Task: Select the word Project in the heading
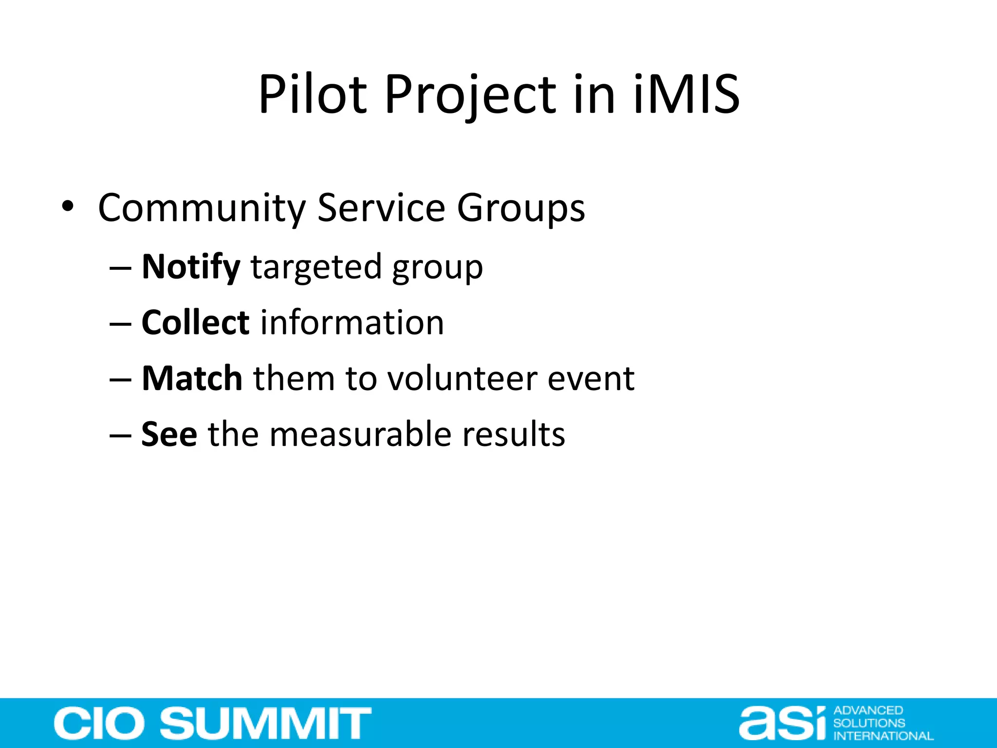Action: (470, 96)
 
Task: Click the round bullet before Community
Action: (68, 206)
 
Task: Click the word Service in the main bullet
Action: (381, 207)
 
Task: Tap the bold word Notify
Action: (191, 267)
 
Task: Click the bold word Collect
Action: (195, 322)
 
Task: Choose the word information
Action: (352, 322)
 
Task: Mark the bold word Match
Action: (192, 378)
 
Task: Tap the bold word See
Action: (169, 434)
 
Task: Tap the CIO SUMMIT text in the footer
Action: (213, 723)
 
